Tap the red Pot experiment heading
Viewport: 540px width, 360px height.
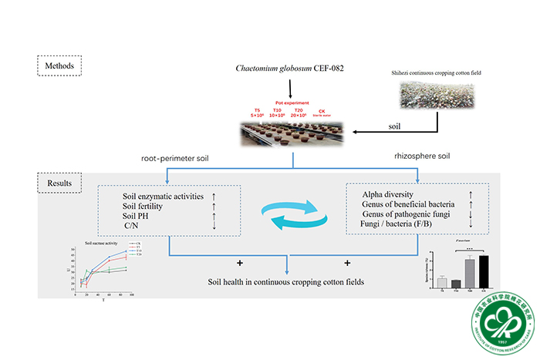pos(292,103)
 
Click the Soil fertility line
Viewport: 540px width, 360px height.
pos(151,206)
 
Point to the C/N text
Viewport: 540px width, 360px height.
pos(133,226)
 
